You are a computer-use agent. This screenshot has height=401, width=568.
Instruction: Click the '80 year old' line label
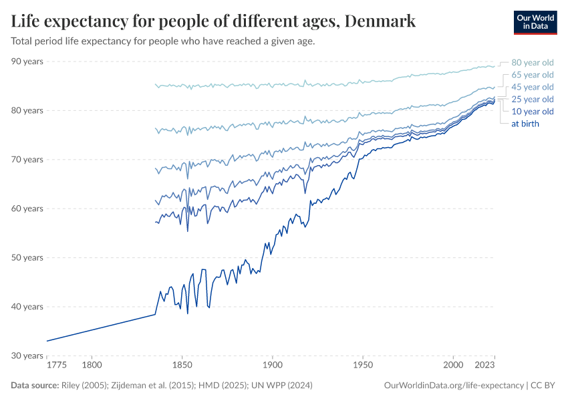(x=532, y=62)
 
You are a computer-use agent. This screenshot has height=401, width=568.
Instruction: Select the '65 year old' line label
(x=532, y=75)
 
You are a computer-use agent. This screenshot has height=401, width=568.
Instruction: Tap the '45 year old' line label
(x=532, y=87)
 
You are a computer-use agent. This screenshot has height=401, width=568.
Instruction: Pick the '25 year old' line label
(x=532, y=99)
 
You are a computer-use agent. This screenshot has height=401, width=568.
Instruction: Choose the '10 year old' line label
(x=532, y=112)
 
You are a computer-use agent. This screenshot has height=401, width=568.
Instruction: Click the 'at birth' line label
(x=525, y=124)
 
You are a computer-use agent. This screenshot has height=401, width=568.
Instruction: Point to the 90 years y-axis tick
(x=27, y=61)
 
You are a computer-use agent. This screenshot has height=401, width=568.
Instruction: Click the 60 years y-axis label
(x=27, y=209)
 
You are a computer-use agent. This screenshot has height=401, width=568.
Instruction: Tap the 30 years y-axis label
(x=27, y=356)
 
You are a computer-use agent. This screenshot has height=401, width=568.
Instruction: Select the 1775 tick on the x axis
(x=56, y=366)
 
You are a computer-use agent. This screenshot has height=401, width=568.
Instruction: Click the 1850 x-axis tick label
(x=182, y=366)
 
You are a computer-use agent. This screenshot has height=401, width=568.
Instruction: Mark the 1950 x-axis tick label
(x=362, y=366)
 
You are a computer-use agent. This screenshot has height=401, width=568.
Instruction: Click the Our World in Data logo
(x=535, y=22)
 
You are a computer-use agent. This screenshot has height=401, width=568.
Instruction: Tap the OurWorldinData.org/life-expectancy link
(x=454, y=386)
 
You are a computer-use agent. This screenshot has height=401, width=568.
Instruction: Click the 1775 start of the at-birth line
(x=47, y=341)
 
